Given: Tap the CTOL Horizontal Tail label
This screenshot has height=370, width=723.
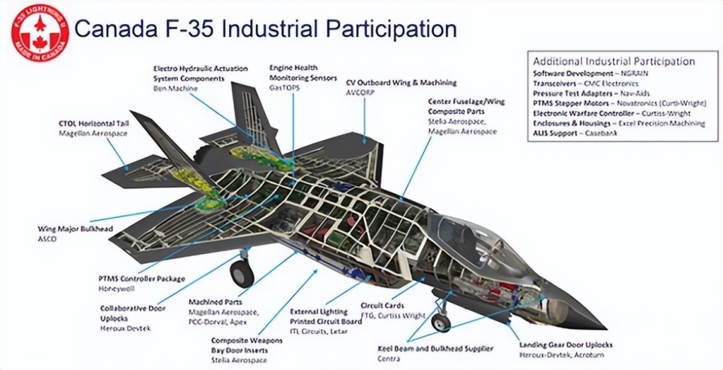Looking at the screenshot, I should click(x=93, y=122).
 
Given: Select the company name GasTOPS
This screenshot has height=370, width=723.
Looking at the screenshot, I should click(x=285, y=87).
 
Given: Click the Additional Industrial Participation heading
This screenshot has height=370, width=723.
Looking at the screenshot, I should click(x=614, y=61).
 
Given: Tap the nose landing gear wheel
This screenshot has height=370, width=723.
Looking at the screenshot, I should click(x=441, y=323).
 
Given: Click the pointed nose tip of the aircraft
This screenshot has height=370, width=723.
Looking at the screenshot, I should click(x=602, y=327).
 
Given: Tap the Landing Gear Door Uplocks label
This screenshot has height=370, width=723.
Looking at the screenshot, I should click(x=565, y=345).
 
